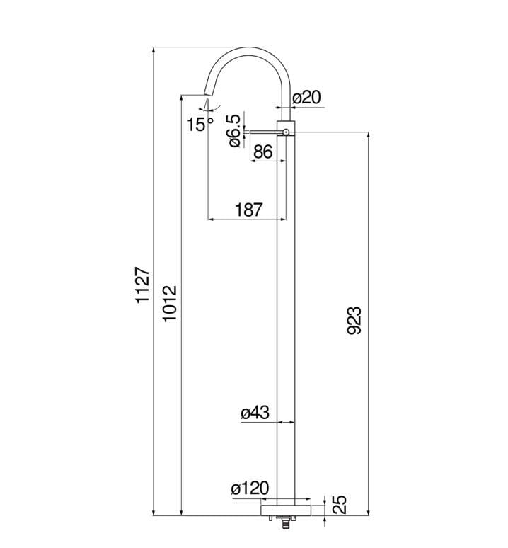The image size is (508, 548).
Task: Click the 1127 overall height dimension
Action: (x=142, y=285)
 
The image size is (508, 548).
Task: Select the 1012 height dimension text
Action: (x=171, y=303)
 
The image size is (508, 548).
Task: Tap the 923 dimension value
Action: (x=354, y=321)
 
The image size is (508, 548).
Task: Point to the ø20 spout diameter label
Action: (x=306, y=98)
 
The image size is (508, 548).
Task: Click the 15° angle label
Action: (x=200, y=124)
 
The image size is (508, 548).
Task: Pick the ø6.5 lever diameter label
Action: (x=235, y=130)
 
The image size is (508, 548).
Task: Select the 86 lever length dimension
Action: (x=263, y=152)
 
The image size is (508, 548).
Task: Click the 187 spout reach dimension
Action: (x=248, y=210)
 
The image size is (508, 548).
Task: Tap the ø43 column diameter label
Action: (x=255, y=413)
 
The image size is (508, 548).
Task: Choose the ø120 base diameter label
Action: (x=250, y=489)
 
